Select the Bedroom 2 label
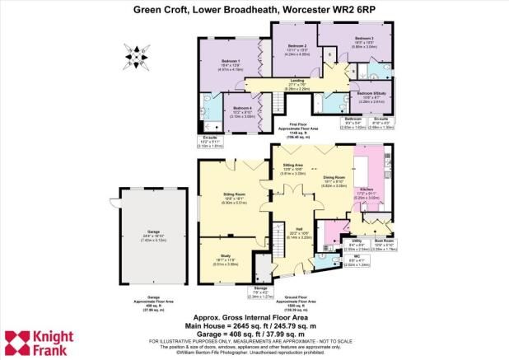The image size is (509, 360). click(296, 46)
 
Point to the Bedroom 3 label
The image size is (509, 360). click(364, 39)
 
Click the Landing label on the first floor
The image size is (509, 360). click(300, 80)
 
